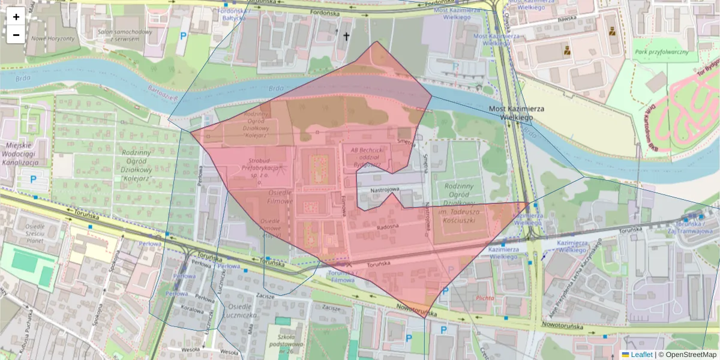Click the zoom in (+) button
point(16,17)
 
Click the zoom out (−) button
point(16,35)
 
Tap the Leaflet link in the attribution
point(641,355)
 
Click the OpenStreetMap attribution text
point(691,355)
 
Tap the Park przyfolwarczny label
point(661,52)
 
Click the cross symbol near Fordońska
point(346,37)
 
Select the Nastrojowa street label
point(384,190)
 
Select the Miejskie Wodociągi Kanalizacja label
point(20,154)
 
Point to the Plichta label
point(484,298)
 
